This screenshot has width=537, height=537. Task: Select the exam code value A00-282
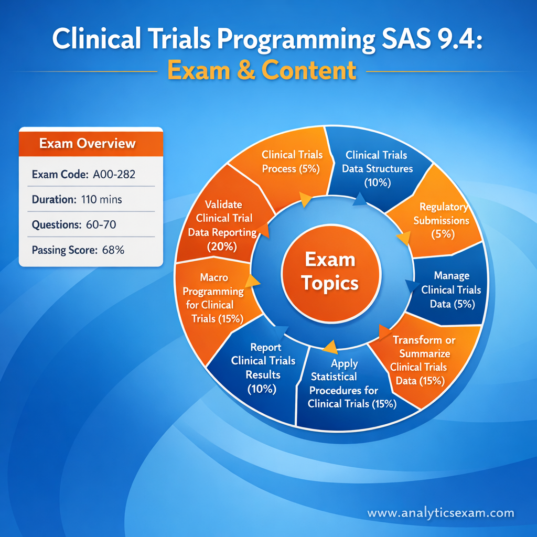click(x=113, y=174)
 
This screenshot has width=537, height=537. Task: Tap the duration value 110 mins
click(x=102, y=199)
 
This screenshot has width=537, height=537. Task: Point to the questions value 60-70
click(x=99, y=225)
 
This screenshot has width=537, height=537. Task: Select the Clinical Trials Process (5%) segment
click(x=292, y=161)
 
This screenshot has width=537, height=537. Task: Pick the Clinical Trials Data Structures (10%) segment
click(x=377, y=168)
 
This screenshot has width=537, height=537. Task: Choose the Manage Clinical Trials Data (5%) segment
click(x=452, y=289)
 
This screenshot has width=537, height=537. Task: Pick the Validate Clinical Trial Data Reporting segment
click(x=221, y=224)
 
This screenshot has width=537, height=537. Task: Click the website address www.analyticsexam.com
click(x=441, y=513)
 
